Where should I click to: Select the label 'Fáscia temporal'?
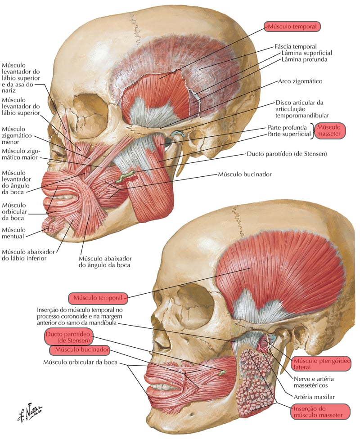point(296,46)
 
